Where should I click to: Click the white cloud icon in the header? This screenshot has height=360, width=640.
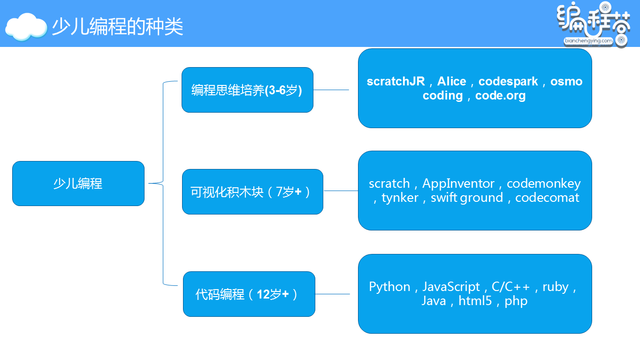click(x=26, y=27)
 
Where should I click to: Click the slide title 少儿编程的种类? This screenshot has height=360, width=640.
click(x=117, y=27)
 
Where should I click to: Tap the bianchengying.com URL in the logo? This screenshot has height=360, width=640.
click(x=588, y=41)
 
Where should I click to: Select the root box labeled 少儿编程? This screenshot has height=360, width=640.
click(x=78, y=184)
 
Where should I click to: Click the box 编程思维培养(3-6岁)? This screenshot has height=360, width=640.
click(x=247, y=90)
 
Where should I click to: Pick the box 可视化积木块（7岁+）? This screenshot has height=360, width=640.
click(x=252, y=191)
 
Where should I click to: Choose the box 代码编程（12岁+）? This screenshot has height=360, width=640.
click(x=249, y=294)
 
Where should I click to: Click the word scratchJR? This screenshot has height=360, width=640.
click(x=396, y=81)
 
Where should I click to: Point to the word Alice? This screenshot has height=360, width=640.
click(x=451, y=81)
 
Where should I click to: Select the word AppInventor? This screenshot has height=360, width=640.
click(x=458, y=184)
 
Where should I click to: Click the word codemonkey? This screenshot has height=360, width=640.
click(x=544, y=184)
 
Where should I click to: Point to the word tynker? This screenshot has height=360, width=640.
click(x=400, y=198)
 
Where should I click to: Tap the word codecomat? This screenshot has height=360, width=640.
click(x=547, y=198)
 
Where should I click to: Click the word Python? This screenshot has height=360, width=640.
click(x=389, y=287)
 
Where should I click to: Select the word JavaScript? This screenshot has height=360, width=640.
click(x=451, y=287)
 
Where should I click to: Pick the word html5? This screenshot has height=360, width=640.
click(x=475, y=301)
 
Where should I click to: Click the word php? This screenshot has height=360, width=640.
click(x=516, y=301)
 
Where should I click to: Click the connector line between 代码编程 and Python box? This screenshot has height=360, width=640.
click(x=332, y=294)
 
